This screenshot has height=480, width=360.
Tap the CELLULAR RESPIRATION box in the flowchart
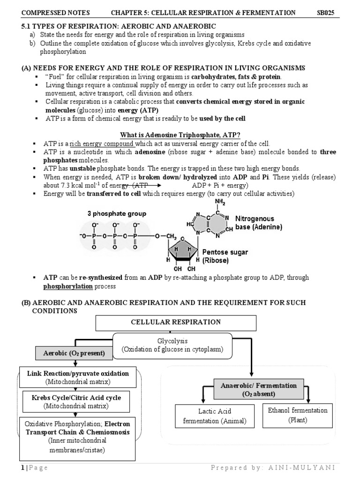[x=176, y=322]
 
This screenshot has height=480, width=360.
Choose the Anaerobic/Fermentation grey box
[x=259, y=390]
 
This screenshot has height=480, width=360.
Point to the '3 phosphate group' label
[x=117, y=213]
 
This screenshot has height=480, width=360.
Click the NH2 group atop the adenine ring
[x=220, y=202]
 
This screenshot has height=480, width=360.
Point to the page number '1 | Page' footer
[x=34, y=468]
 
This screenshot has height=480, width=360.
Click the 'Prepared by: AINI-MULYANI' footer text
[x=272, y=468]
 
